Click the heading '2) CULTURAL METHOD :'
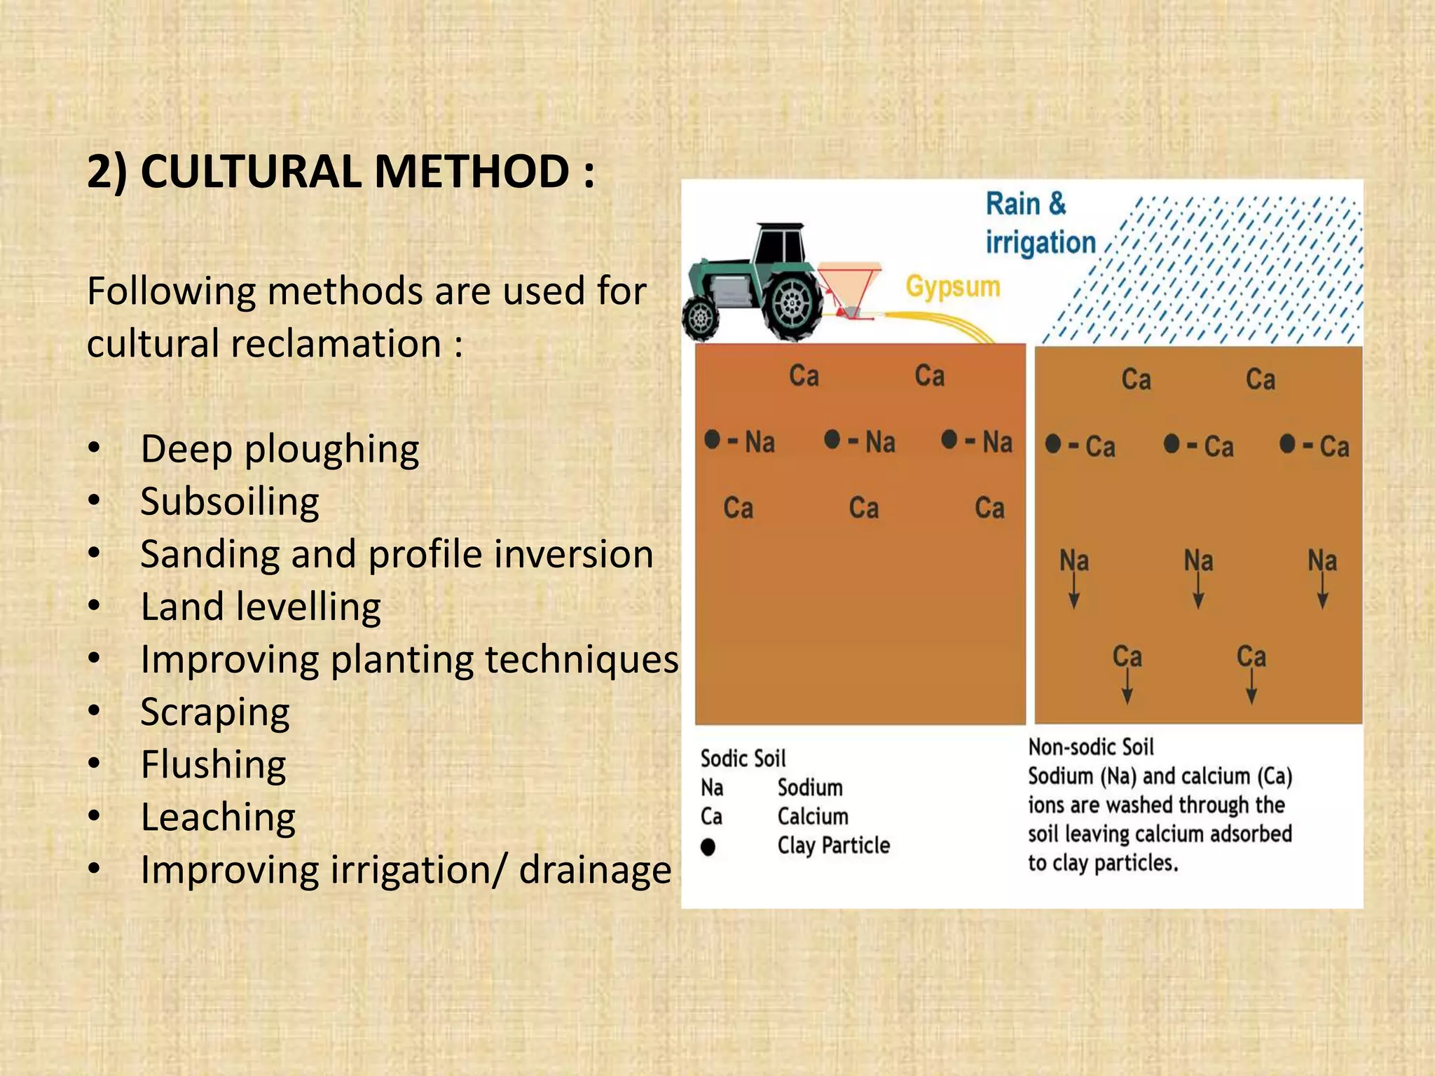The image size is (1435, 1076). pos(341,172)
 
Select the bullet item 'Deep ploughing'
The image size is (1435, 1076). pos(279,449)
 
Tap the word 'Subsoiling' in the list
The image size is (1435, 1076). pos(229,502)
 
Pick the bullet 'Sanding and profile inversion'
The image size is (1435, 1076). pos(396,554)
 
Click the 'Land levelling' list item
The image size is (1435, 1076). pos(260,607)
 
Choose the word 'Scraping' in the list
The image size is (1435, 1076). pos(214,712)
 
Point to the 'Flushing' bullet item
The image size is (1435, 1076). pos(213,764)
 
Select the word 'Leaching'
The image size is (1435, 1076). pos(218,818)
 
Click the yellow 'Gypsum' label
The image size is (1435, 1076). pos(952,287)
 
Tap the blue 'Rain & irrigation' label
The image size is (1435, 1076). pos(1039,223)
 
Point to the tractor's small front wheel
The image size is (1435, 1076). pos(700,319)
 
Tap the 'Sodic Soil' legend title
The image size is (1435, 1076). pos(743,759)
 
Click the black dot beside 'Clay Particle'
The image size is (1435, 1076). pos(708,847)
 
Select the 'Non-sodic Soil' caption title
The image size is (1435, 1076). pos(1090,747)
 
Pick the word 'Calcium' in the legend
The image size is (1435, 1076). pos(813,817)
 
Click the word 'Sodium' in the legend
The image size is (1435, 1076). pos(810,788)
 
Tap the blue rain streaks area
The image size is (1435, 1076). pos(1233,273)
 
